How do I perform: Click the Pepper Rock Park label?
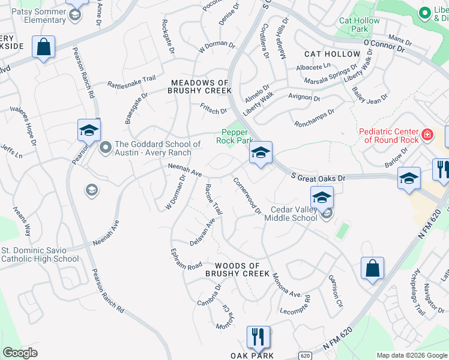pos(234,136)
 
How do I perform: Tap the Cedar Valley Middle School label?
pos(294,214)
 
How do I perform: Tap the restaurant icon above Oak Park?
pos(258,336)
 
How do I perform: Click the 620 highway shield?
pos(306,355)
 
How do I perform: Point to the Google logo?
pos(20,353)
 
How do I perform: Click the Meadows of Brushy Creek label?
pos(200,86)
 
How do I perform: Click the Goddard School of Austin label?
pos(157,148)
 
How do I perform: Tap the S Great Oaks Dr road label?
pos(319,178)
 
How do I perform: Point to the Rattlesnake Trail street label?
pos(131,81)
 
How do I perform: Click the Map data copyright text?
pos(412,355)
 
